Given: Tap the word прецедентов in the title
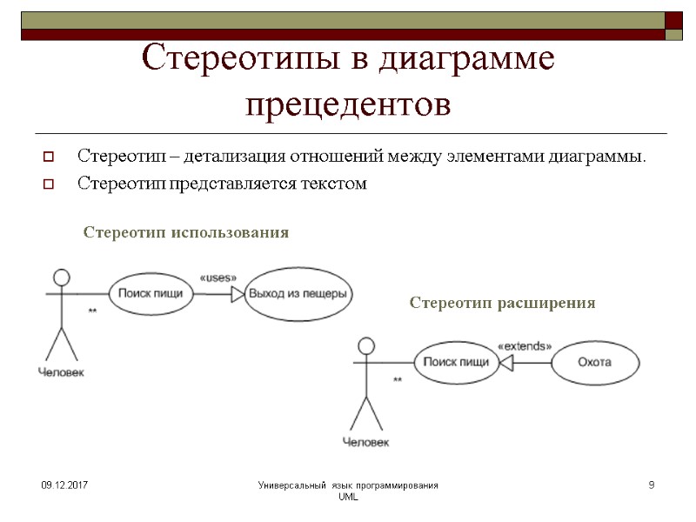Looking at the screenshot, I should (348, 104).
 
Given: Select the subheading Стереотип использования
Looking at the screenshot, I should (185, 233).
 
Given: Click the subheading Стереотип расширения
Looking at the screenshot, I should (502, 303).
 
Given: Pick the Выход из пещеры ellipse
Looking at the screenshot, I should (298, 294).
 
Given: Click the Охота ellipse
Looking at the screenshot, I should (594, 362).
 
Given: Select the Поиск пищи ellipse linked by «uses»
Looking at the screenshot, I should (151, 293).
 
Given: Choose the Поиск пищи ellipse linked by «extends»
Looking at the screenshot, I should (456, 362).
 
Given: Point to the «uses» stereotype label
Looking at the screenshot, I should (217, 278).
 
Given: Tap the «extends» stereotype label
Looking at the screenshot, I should (524, 345).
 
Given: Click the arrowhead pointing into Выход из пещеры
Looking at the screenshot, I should (238, 294).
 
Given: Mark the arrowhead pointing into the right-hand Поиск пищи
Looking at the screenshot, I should (505, 362).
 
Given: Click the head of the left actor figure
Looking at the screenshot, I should (60, 278).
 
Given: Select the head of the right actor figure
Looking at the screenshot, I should (365, 346).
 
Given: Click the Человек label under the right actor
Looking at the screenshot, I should (365, 442).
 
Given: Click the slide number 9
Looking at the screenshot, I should (651, 484).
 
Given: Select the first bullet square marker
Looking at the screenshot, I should (50, 158).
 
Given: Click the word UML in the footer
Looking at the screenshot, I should (348, 496).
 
